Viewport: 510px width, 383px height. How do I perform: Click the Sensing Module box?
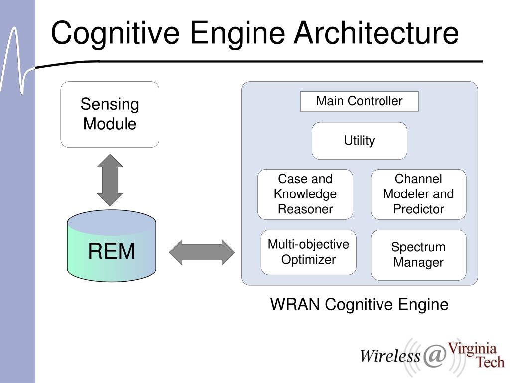click(x=110, y=114)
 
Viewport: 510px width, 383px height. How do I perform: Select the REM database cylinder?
click(x=112, y=246)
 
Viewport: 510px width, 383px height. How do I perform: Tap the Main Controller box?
click(x=360, y=101)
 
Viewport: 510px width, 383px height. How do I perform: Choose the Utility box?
click(x=360, y=141)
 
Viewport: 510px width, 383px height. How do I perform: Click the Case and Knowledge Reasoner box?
click(x=305, y=194)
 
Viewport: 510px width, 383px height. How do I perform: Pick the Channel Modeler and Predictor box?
click(x=418, y=194)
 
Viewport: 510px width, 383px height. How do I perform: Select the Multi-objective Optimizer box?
click(x=308, y=252)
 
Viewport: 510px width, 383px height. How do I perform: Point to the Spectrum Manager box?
click(x=418, y=255)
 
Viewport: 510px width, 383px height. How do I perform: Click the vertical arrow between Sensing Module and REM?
click(x=110, y=180)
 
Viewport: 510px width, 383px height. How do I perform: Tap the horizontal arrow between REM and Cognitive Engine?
click(x=202, y=252)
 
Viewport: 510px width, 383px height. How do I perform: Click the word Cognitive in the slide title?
click(x=116, y=33)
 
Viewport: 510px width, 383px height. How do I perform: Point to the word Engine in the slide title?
click(x=237, y=33)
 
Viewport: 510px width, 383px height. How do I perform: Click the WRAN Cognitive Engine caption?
click(x=360, y=305)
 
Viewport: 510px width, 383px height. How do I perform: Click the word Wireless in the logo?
click(x=390, y=355)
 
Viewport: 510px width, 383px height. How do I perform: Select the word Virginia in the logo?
click(x=472, y=350)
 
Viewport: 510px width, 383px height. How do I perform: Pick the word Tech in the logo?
click(x=490, y=362)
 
